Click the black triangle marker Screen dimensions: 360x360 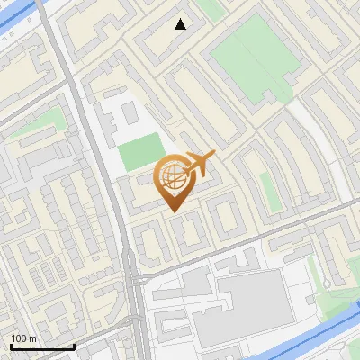pyautogui.click(x=181, y=24)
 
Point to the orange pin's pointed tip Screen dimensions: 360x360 pyautogui.click(x=174, y=211)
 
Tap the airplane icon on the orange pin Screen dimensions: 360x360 pyautogui.click(x=199, y=163)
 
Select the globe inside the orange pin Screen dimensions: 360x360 pyautogui.click(x=173, y=176)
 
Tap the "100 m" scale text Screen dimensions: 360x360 pyautogui.click(x=24, y=338)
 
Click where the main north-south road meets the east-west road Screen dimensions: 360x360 pyautogui.click(x=133, y=270)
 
